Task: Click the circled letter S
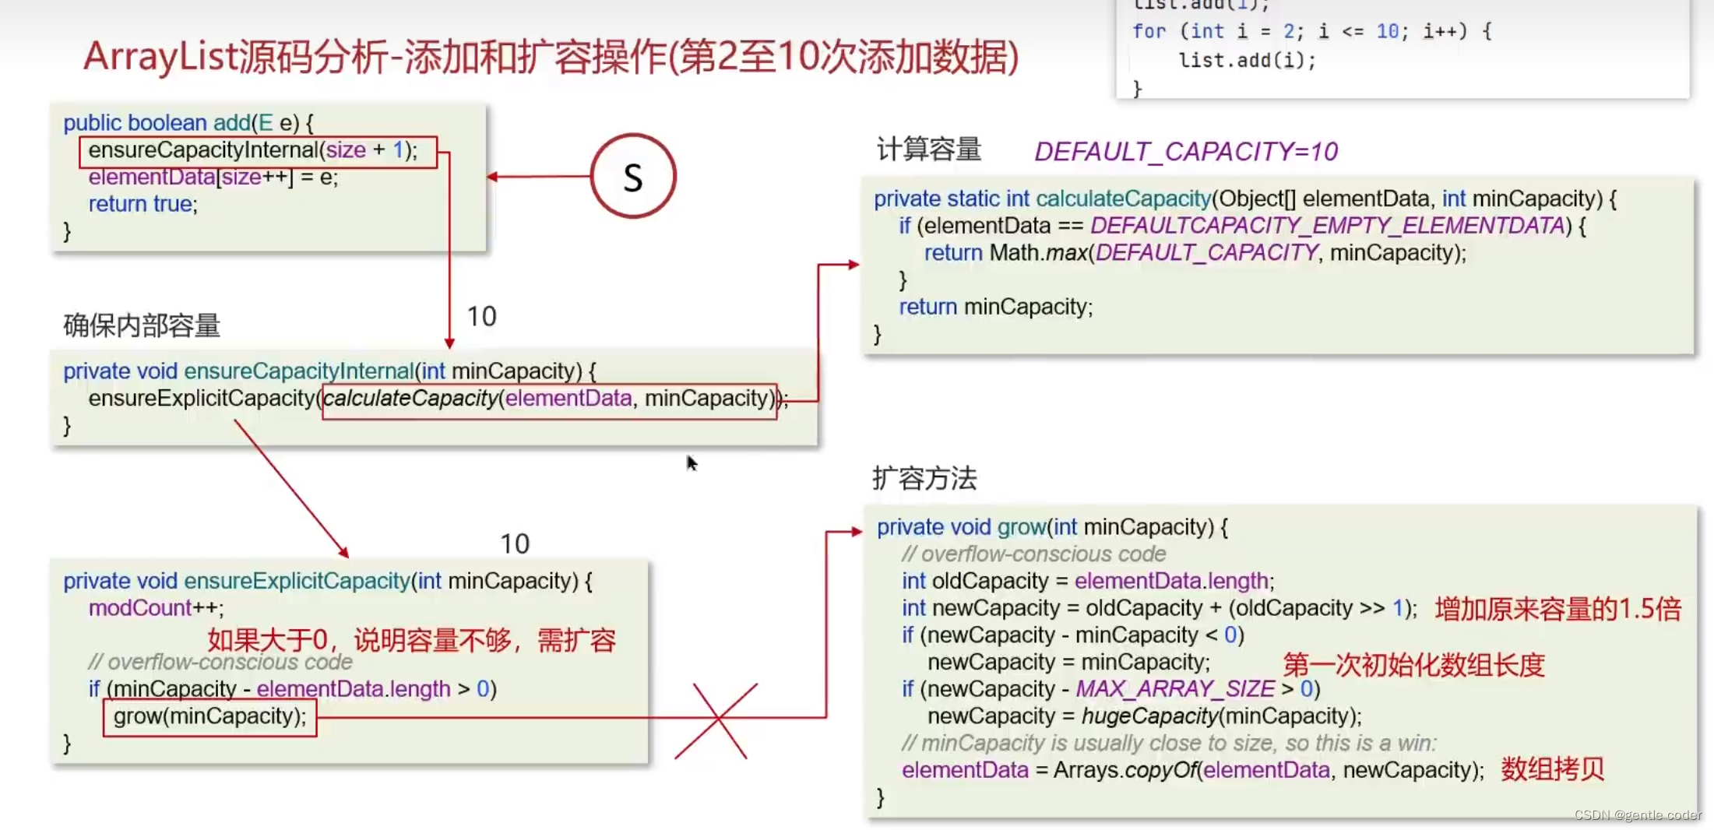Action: [632, 177]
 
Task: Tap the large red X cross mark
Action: [716, 720]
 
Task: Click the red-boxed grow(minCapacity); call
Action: [209, 716]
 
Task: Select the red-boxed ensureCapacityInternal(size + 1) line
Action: [257, 151]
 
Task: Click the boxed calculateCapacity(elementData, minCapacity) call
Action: [549, 399]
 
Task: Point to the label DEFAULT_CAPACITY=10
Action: [1185, 152]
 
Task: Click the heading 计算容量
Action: [928, 149]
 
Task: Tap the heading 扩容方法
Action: [924, 478]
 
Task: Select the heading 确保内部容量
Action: [142, 325]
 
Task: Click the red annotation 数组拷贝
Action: [1552, 769]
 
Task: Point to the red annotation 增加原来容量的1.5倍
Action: [1557, 609]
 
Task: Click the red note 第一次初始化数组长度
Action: [1413, 665]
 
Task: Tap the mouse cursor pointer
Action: [691, 463]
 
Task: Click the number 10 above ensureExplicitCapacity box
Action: [514, 543]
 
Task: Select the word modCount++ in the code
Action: [155, 608]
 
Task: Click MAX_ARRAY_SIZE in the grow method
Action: [1174, 689]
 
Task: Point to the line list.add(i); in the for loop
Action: [1247, 61]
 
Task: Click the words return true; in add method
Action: [143, 204]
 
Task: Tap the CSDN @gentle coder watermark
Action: [1637, 814]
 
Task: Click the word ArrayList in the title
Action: [160, 57]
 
